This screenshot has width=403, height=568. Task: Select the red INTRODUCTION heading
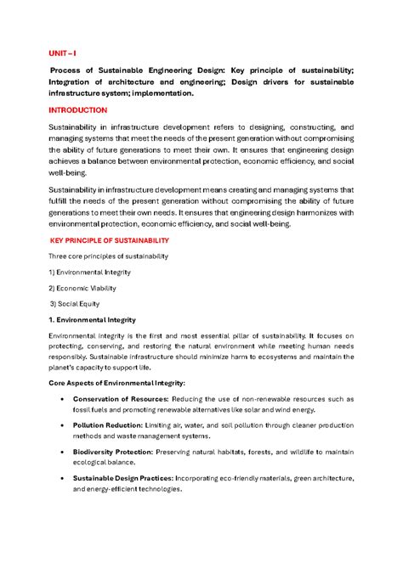82,110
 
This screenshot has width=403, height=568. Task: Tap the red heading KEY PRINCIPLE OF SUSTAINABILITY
109,240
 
